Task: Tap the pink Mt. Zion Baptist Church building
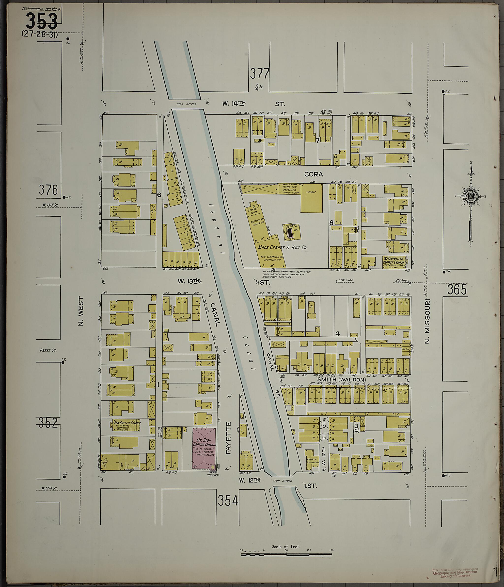click(x=204, y=449)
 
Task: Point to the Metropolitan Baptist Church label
click(x=394, y=261)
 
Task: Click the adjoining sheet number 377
click(x=259, y=74)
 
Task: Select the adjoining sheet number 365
click(x=457, y=289)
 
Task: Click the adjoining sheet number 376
click(x=48, y=190)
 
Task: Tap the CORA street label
click(x=313, y=174)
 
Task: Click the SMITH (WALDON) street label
click(x=342, y=379)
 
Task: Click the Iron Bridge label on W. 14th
click(x=187, y=104)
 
